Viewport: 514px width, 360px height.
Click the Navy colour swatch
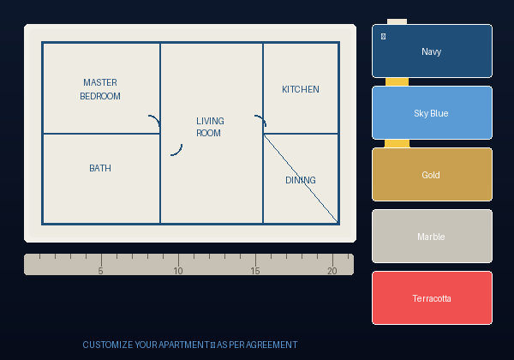pos(432,51)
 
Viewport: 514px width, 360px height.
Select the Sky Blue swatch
pos(432,112)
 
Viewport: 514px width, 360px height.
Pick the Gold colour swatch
pos(432,174)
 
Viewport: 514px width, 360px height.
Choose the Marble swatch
pos(432,236)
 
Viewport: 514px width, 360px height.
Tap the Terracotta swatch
pos(432,297)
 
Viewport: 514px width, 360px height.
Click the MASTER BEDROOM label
pos(100,89)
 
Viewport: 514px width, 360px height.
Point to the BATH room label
pos(100,168)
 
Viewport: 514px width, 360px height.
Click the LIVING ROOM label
pos(210,127)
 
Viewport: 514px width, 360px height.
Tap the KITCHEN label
pos(301,89)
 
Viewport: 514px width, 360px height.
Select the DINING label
pos(301,180)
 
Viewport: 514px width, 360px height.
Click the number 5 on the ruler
pos(100,271)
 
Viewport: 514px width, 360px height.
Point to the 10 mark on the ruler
pos(178,271)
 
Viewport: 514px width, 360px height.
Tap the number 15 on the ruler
pos(255,271)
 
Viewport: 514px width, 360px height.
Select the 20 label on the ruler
pos(332,271)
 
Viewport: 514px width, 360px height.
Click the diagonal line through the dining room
pos(301,178)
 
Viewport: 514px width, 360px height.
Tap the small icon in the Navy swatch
pos(383,36)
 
